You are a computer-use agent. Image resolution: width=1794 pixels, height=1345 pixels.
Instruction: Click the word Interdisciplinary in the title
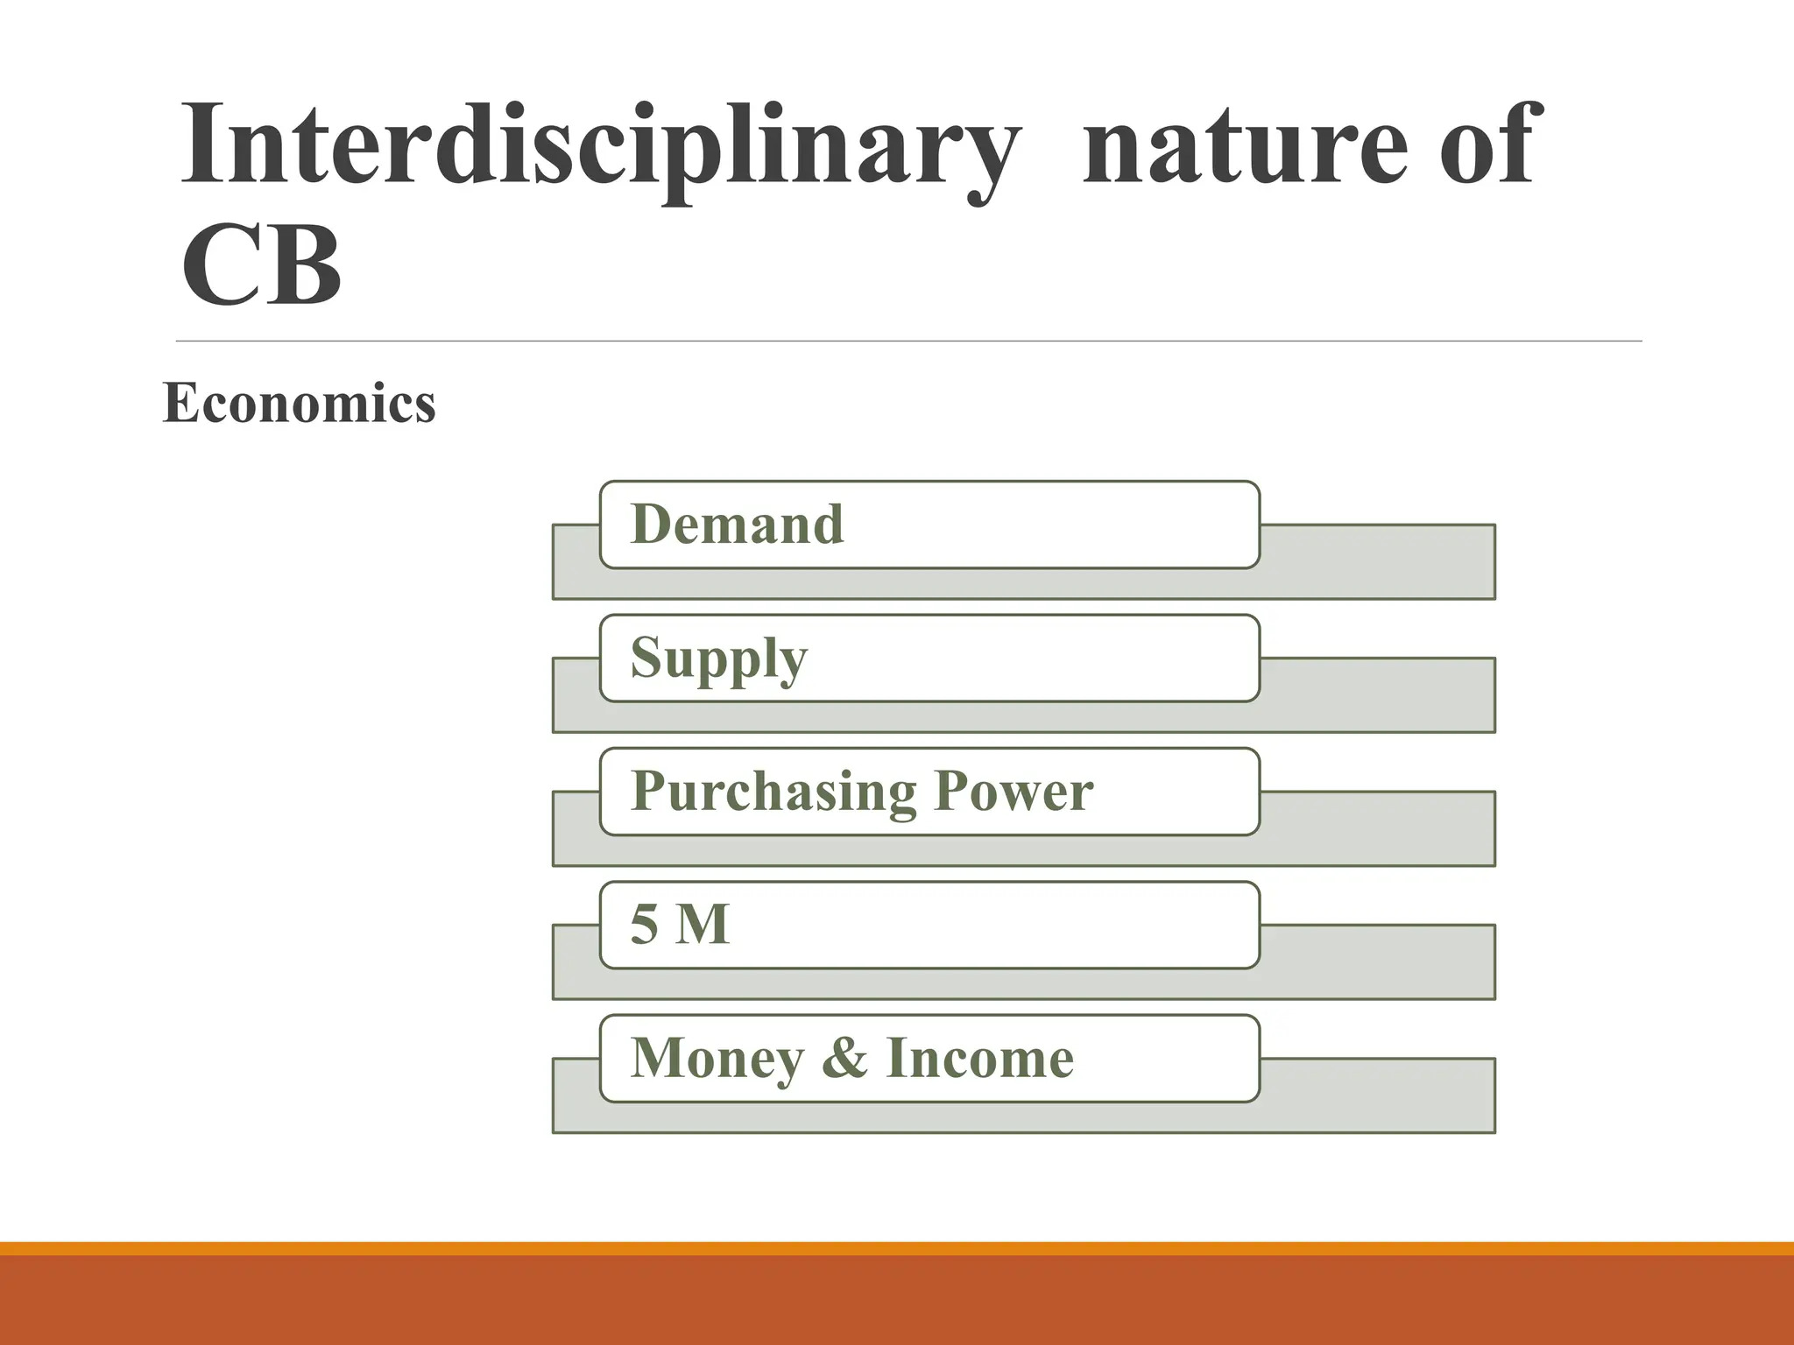tap(600, 144)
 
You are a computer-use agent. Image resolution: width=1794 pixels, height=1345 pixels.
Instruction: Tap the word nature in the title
tap(1240, 144)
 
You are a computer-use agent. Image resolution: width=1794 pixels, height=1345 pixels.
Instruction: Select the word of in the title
tap(1487, 144)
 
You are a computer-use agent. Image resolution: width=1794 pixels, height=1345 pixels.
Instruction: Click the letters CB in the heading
tap(261, 264)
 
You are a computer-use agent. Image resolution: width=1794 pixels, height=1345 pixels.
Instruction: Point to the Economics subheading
tap(299, 403)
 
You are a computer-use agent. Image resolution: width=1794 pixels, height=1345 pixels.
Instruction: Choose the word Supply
tap(718, 658)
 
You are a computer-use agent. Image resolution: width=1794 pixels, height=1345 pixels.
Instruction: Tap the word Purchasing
tap(773, 792)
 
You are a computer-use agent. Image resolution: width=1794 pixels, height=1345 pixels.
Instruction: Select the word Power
tap(1014, 792)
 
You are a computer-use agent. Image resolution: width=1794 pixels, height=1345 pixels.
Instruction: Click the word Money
tap(717, 1059)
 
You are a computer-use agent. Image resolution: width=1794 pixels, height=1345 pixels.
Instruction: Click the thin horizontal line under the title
tap(908, 341)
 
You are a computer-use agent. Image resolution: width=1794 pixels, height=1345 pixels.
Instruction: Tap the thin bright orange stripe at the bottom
tap(897, 1248)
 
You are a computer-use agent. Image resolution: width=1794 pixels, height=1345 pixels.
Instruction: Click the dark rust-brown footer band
tap(897, 1301)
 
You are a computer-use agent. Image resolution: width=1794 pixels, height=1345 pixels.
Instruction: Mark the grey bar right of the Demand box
tap(1377, 561)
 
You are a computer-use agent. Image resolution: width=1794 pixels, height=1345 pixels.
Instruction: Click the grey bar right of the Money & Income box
tap(1377, 1095)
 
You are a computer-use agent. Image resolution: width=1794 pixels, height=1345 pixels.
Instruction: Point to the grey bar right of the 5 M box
tap(1377, 961)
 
